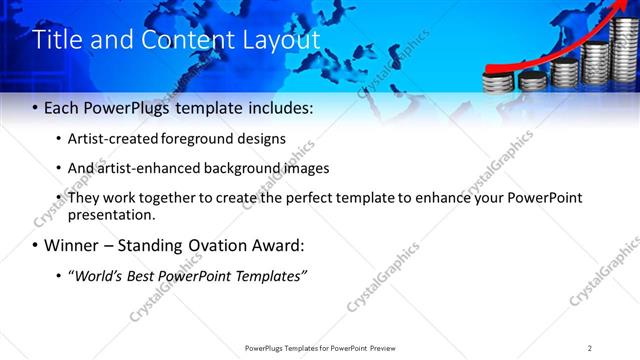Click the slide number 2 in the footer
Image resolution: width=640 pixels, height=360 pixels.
[x=590, y=347]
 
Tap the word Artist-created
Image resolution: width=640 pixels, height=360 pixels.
[x=112, y=138]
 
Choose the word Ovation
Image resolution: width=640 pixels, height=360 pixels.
[x=208, y=245]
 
